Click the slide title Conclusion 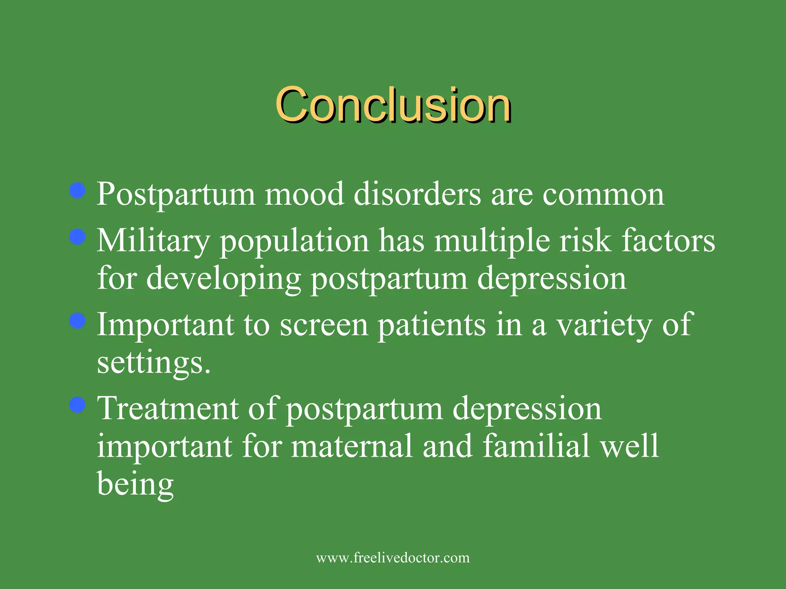coord(393,104)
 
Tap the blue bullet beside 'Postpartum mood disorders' coord(78,190)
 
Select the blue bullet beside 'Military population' coord(78,237)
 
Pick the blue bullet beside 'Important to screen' coord(78,321)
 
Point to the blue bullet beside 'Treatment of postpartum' coord(78,405)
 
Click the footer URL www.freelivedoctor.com coord(393,558)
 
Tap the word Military coord(153,242)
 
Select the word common coord(603,195)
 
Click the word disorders coord(417,194)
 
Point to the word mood coord(304,194)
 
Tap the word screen coord(324,325)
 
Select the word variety coord(604,325)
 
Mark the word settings coord(154,363)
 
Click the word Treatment coord(168,409)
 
